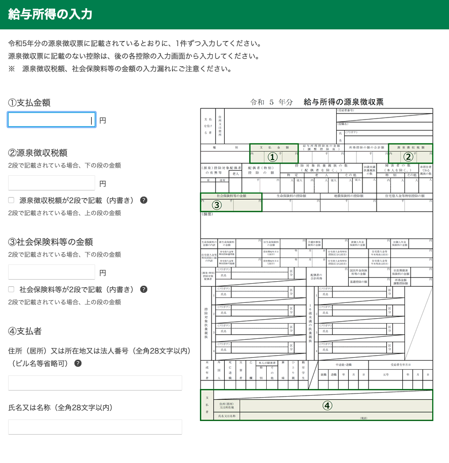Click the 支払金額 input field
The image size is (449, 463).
(x=51, y=120)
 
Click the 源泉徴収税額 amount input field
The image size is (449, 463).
(x=51, y=183)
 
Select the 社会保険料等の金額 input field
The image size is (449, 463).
(x=51, y=272)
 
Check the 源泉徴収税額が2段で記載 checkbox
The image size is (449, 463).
(x=11, y=200)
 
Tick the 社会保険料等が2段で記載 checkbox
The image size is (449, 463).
(x=11, y=289)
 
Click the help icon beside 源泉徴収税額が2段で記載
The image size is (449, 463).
(x=144, y=200)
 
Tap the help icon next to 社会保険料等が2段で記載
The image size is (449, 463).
(x=144, y=289)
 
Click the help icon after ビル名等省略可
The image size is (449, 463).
(x=78, y=363)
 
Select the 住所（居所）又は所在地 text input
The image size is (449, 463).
(x=95, y=383)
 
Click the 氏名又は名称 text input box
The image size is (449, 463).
(x=95, y=427)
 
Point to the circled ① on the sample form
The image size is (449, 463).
(x=273, y=157)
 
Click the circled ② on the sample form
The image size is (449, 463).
(x=409, y=157)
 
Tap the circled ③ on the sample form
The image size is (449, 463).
(x=217, y=205)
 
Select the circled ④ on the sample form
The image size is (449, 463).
(x=328, y=405)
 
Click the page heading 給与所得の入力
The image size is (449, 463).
(x=50, y=14)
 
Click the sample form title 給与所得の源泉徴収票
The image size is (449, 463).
(x=343, y=102)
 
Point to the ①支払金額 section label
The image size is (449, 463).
(x=29, y=103)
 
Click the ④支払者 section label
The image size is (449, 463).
(x=25, y=331)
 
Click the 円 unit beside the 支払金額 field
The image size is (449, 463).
(x=103, y=121)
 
